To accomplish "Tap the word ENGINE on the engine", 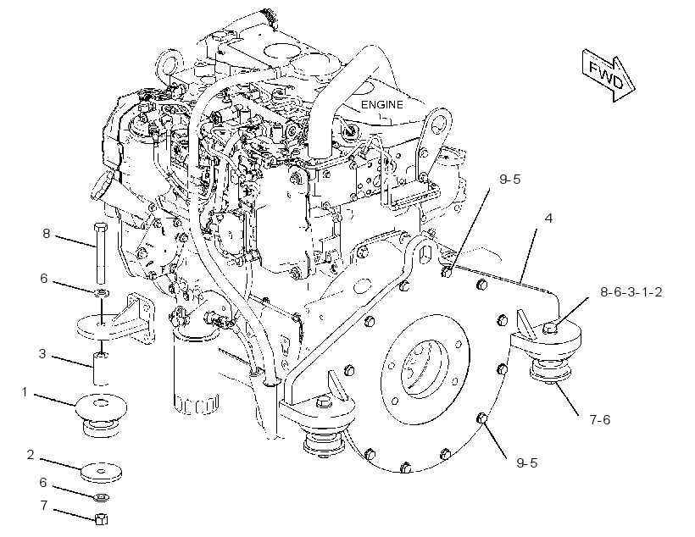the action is pyautogui.click(x=382, y=104).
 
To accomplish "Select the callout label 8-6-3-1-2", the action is pyautogui.click(x=631, y=292).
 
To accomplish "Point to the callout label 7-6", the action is pyautogui.click(x=600, y=419).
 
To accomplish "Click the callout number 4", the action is pyautogui.click(x=548, y=218).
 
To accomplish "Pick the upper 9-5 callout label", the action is pyautogui.click(x=509, y=179).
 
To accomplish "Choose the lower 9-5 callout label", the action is pyautogui.click(x=526, y=462).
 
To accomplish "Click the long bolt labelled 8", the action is pyautogui.click(x=101, y=253).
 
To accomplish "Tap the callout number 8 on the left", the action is pyautogui.click(x=47, y=233).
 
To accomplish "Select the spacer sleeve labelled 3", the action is pyautogui.click(x=101, y=368).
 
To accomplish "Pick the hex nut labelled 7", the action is pyautogui.click(x=102, y=519).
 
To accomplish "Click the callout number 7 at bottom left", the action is pyautogui.click(x=44, y=505).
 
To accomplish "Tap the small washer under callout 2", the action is pyautogui.click(x=102, y=497).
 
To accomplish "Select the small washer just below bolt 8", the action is pyautogui.click(x=103, y=293).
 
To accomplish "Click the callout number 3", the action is pyautogui.click(x=42, y=353).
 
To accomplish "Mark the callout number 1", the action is pyautogui.click(x=25, y=391).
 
